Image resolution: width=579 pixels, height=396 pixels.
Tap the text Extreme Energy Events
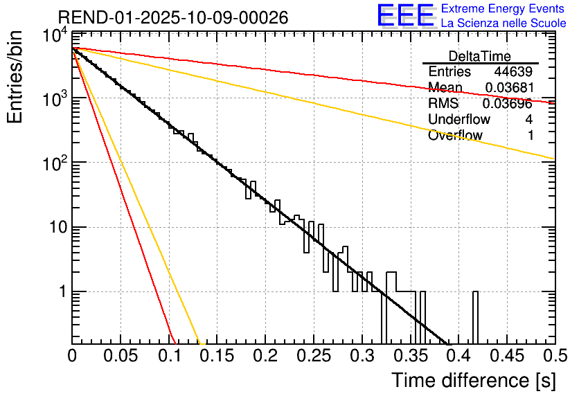tap(503, 9)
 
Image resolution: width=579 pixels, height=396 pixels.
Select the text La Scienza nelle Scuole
tap(504, 23)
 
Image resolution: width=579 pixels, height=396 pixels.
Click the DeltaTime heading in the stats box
tap(480, 56)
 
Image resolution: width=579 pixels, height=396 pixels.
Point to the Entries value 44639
tap(513, 72)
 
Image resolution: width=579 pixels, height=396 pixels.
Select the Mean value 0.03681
tap(508, 88)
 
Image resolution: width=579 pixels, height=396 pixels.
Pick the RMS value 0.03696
tap(508, 104)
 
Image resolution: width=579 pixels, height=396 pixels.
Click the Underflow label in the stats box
tap(459, 120)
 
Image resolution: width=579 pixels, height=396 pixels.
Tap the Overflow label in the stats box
tap(455, 136)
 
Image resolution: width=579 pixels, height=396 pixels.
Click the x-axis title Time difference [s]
tap(472, 380)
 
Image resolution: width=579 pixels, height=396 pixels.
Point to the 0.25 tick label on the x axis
tap(313, 357)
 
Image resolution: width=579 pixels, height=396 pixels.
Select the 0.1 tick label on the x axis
tap(168, 357)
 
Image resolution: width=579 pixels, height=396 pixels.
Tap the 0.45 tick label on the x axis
tap(506, 357)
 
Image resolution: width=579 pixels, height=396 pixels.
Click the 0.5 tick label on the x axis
tap(554, 357)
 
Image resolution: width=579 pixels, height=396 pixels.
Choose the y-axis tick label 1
tap(60, 291)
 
